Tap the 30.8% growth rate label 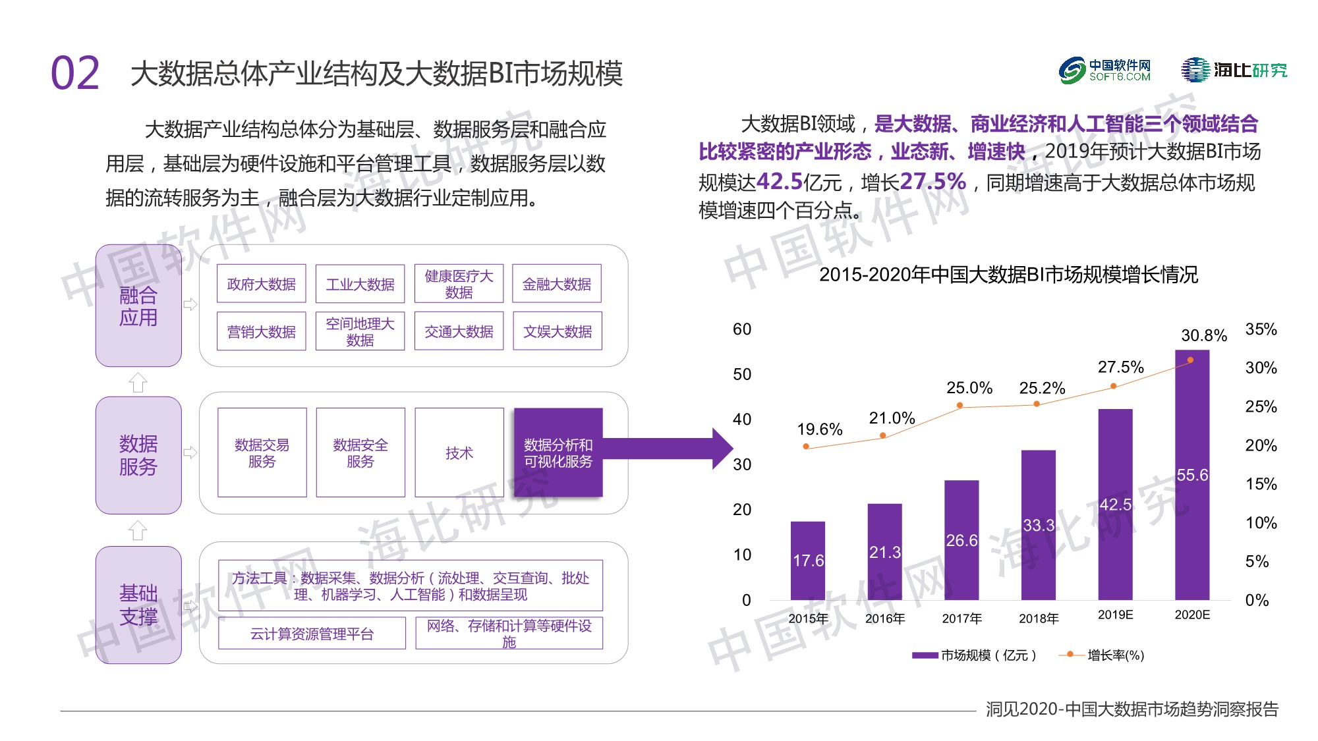tap(1203, 335)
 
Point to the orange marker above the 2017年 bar tap(960, 405)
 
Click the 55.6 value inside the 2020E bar tap(1192, 475)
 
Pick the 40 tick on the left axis tap(742, 419)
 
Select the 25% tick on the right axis tap(1260, 406)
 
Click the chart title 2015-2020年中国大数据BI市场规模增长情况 tap(1008, 274)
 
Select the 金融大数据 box tap(557, 284)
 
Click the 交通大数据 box tap(459, 331)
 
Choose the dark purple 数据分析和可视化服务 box tap(558, 453)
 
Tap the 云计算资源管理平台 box tap(312, 634)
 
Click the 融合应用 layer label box tap(138, 306)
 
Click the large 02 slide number tap(75, 73)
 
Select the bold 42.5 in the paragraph tap(780, 181)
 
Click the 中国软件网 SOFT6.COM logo tap(1104, 70)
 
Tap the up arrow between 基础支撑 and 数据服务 tap(138, 530)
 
